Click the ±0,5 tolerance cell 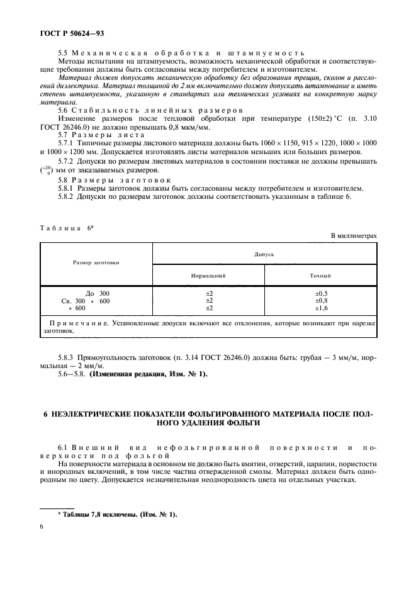[x=320, y=293]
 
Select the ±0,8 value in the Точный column [x=320, y=301]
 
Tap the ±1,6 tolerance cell [x=320, y=308]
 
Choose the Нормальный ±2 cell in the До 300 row [x=209, y=293]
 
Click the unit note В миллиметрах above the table [x=354, y=235]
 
